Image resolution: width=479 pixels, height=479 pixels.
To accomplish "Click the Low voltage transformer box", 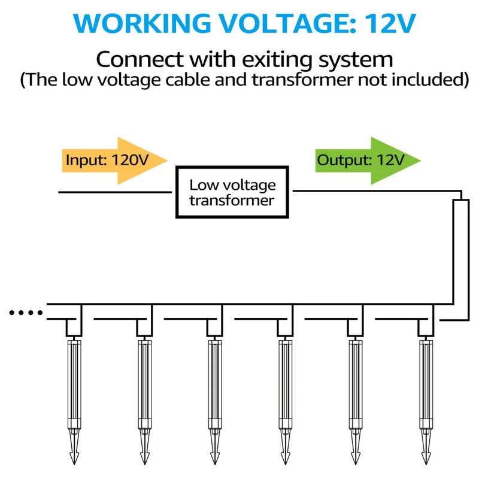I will [232, 192].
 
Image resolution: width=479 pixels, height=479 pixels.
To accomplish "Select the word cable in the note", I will [222, 80].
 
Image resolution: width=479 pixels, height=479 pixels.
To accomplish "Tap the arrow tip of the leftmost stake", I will [74, 458].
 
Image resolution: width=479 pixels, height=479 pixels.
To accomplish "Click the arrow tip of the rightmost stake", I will [426, 458].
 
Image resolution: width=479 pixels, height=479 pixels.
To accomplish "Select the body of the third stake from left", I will [214, 383].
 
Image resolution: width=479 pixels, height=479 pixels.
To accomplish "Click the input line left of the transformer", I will [114, 192].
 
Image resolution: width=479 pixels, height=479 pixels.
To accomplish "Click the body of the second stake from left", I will [144, 383].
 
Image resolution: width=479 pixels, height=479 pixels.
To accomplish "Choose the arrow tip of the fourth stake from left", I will [285, 458].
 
